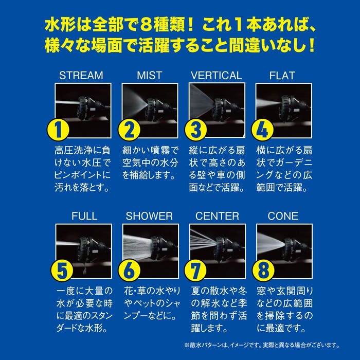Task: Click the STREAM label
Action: pyautogui.click(x=81, y=76)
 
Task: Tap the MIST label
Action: pyautogui.click(x=150, y=76)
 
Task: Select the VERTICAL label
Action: pyautogui.click(x=217, y=76)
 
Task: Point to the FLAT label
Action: pyautogui.click(x=282, y=76)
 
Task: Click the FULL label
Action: pyautogui.click(x=84, y=216)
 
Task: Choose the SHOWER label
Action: pyautogui.click(x=149, y=216)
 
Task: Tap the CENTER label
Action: pyautogui.click(x=217, y=216)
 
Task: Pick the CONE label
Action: pyautogui.click(x=283, y=216)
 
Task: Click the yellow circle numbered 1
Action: pyautogui.click(x=58, y=130)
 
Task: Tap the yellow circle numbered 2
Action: pyautogui.click(x=129, y=130)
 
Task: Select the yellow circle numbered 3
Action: pyautogui.click(x=195, y=130)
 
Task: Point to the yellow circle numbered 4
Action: pyautogui.click(x=262, y=130)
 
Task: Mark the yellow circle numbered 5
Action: pyautogui.click(x=62, y=271)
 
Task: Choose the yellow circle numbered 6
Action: pyautogui.click(x=129, y=271)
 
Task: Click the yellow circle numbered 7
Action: pyautogui.click(x=195, y=271)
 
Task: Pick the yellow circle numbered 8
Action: pyautogui.click(x=263, y=271)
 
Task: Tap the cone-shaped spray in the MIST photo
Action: pyautogui.click(x=135, y=103)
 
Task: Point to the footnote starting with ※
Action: pyautogui.click(x=262, y=345)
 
